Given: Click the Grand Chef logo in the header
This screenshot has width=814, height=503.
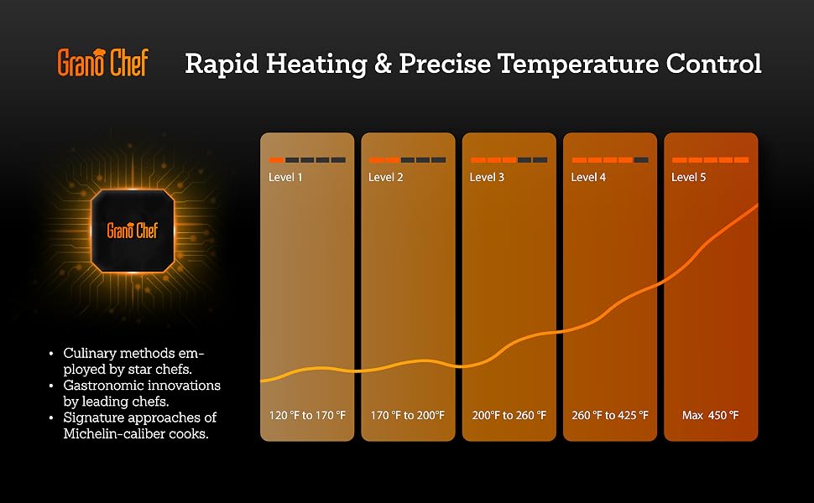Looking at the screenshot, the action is (102, 63).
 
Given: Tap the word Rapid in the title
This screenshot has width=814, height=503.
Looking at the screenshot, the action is (222, 65).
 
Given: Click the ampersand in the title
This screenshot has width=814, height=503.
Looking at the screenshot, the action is (384, 65).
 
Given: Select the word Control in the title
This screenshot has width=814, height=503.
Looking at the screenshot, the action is (713, 63).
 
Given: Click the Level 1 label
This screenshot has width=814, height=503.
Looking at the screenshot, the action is (285, 178).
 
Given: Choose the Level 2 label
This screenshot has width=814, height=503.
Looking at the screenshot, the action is (386, 178).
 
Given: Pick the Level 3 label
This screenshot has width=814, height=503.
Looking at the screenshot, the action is (487, 178).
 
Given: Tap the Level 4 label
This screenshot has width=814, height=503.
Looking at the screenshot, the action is (588, 178).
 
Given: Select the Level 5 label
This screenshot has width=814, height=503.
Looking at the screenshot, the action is (688, 178).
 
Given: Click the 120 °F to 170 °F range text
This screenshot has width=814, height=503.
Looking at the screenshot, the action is (307, 415).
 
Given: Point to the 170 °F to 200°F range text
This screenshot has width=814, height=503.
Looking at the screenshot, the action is (408, 415).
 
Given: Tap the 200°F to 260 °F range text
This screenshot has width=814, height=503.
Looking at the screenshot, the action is (509, 415).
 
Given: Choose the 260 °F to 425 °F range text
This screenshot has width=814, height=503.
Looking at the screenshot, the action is (610, 415).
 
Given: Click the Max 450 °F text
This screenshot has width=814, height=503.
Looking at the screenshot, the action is (710, 415).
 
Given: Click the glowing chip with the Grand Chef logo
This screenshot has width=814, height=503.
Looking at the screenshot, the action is (133, 231).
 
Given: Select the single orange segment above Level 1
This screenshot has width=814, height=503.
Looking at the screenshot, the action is (276, 160).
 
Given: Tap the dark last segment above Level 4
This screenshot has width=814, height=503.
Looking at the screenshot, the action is (641, 160).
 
